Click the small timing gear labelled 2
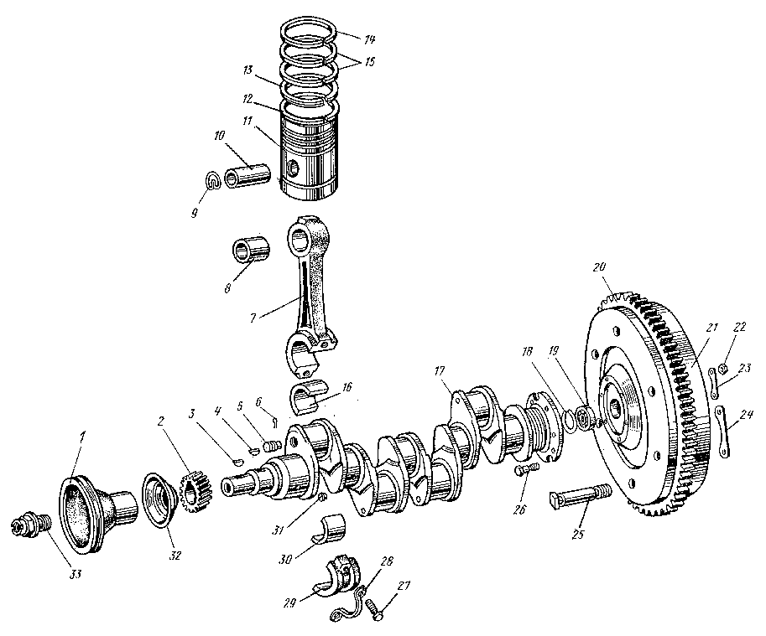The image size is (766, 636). (195, 489)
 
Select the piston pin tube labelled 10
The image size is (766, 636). (248, 177)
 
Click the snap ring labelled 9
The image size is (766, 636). (213, 179)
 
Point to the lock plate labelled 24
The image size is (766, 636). (722, 432)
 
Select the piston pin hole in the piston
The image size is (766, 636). (292, 169)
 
